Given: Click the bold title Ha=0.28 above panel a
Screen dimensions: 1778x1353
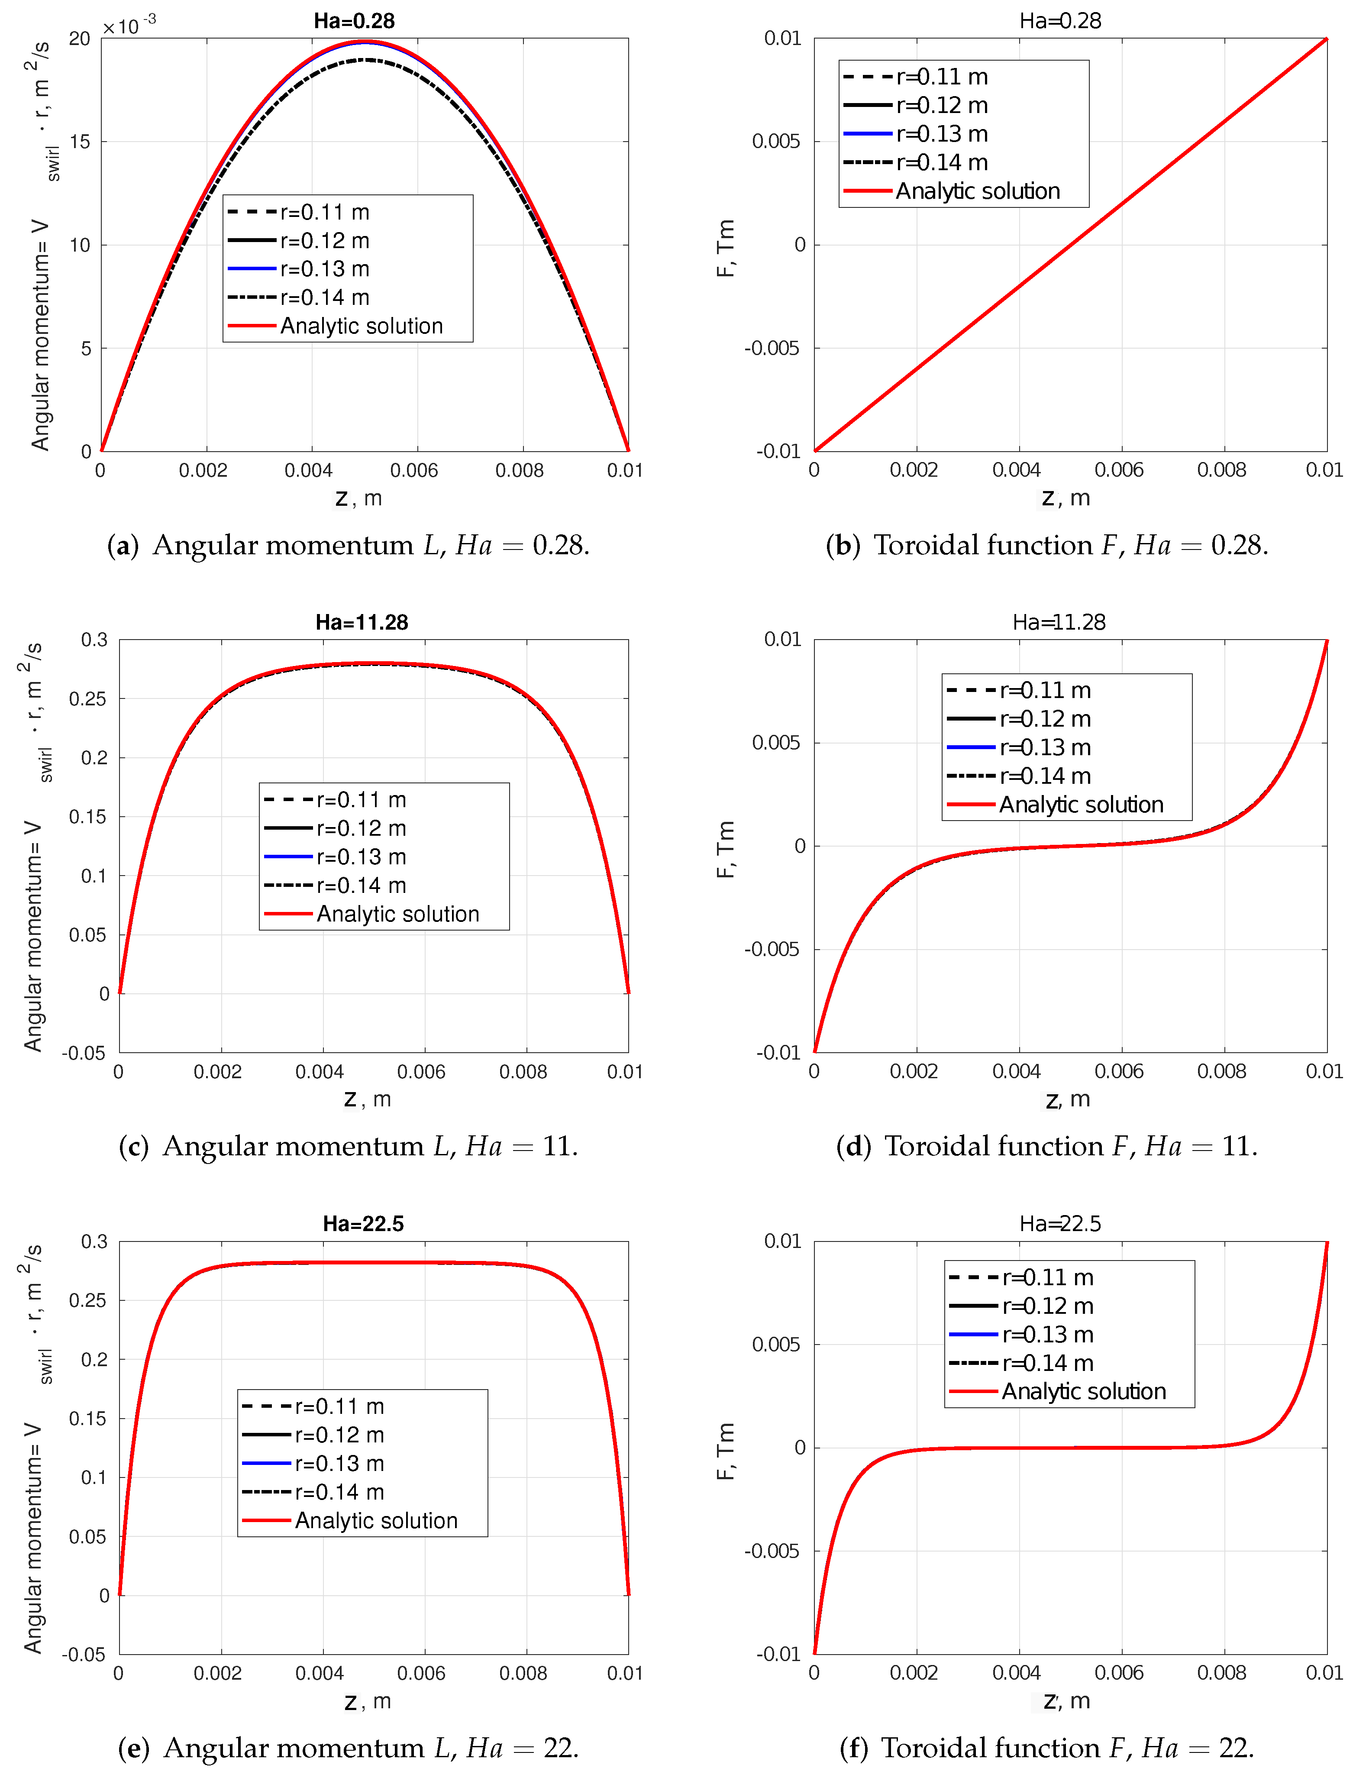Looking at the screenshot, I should click(x=354, y=21).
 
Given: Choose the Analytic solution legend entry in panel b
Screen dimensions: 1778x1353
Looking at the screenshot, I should click(x=977, y=191).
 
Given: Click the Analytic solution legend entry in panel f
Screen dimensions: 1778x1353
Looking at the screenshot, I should click(x=1083, y=1391).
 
